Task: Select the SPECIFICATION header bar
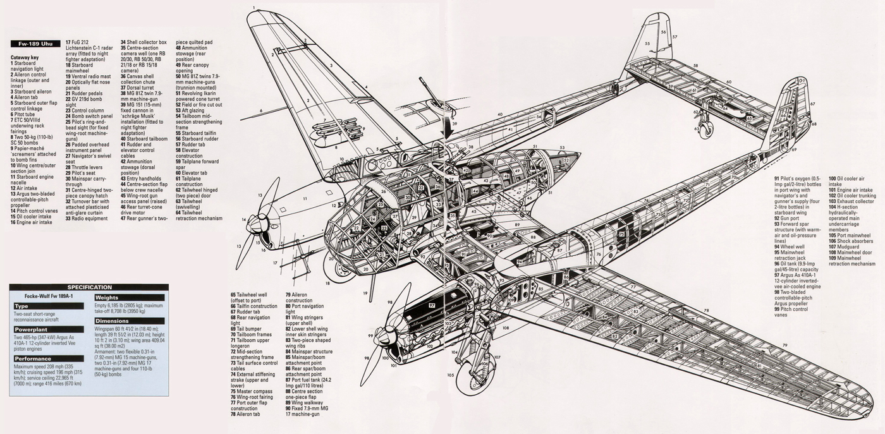pyautogui.click(x=89, y=287)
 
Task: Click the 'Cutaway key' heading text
pyautogui.click(x=25, y=57)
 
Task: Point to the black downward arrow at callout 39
pyautogui.click(x=453, y=118)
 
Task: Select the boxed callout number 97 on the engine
pyautogui.click(x=432, y=305)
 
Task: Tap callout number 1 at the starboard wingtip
pyautogui.click(x=253, y=8)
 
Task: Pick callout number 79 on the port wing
pyautogui.click(x=784, y=345)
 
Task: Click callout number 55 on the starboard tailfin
pyautogui.click(x=648, y=44)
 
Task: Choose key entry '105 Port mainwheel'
pyautogui.click(x=849, y=236)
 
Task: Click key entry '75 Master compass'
pyautogui.click(x=253, y=392)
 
